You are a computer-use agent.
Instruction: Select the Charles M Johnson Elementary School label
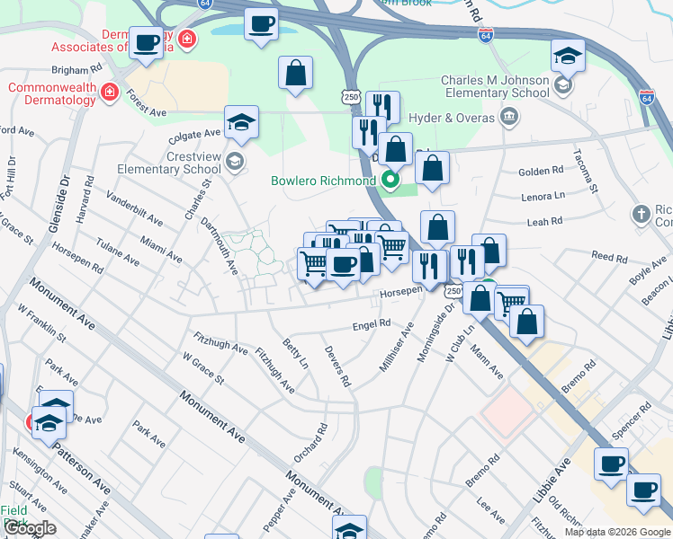495,86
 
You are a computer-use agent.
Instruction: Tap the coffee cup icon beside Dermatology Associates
146,42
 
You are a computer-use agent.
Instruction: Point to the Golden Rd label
541,171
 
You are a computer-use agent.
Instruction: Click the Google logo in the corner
30,528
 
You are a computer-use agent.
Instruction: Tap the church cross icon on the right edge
641,214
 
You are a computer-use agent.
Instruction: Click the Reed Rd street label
609,258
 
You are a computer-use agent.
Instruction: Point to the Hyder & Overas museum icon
508,116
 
